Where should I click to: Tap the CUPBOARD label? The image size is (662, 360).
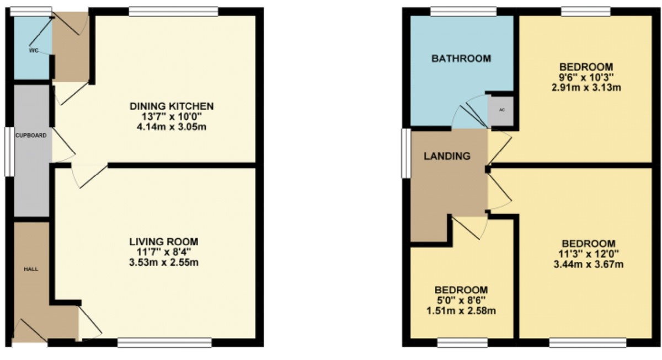[x=26, y=135]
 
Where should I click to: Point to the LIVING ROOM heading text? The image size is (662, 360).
[x=163, y=241]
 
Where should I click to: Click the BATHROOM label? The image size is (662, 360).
[x=461, y=58]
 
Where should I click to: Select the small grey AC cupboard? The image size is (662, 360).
[x=501, y=109]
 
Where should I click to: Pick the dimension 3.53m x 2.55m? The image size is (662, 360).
[x=163, y=262]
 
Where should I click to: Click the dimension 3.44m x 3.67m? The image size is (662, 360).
[x=589, y=265]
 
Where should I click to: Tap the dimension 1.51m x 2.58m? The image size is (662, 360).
[x=461, y=311]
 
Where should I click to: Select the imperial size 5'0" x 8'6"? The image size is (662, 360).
[x=461, y=300]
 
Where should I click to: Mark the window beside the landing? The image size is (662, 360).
[x=405, y=154]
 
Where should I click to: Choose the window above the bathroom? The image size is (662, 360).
[x=463, y=10]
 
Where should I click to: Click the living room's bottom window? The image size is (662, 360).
[x=164, y=343]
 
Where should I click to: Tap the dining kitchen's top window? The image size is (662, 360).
[x=173, y=10]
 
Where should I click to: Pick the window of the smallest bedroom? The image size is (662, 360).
[x=462, y=343]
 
